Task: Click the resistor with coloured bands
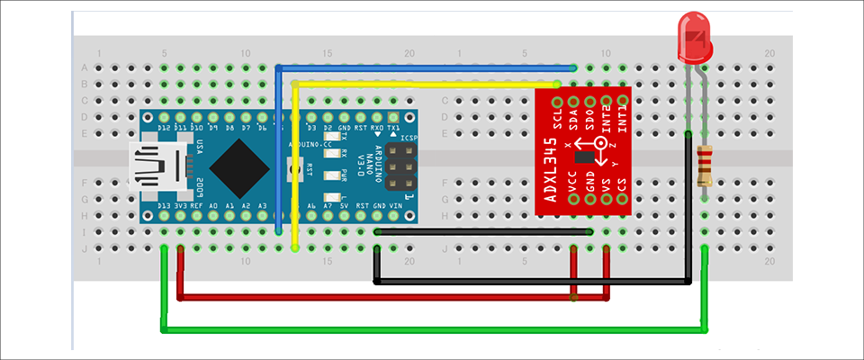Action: pos(706,166)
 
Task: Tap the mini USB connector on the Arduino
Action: pos(158,166)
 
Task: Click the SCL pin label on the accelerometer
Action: pos(558,116)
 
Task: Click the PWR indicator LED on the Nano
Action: pos(344,167)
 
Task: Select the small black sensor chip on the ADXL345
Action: pos(588,157)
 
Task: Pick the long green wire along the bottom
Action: pos(432,329)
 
